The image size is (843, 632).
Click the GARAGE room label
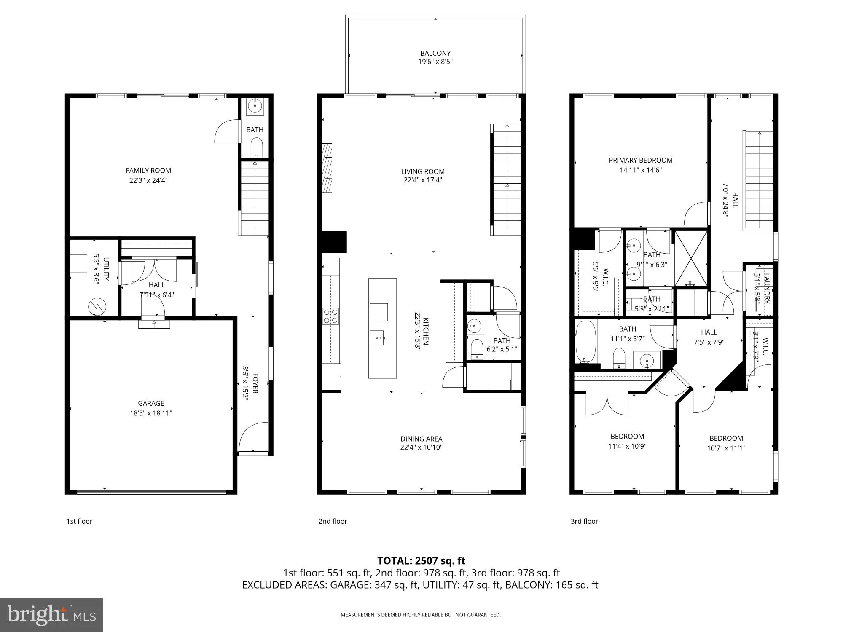coord(151,403)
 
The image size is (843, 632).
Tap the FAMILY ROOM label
coord(148,171)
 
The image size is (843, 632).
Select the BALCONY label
coord(435,53)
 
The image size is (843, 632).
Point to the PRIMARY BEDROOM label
coord(641,160)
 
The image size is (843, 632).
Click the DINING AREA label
coord(421,439)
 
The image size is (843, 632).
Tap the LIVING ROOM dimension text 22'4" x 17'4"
coord(423,180)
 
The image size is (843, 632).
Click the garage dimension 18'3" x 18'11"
coord(151,413)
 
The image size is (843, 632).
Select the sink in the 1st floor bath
coord(255,106)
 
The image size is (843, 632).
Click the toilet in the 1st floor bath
coord(257,148)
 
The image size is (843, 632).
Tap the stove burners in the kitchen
coord(331,316)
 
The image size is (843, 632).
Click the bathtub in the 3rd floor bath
coord(585,342)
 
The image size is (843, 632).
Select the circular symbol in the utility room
coord(97,307)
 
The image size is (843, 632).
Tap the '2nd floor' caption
coord(333,521)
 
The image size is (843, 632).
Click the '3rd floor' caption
coord(584,521)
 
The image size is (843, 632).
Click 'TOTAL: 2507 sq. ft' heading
coord(421,561)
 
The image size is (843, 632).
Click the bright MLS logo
coord(51,615)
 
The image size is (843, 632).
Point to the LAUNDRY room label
coord(767,289)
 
